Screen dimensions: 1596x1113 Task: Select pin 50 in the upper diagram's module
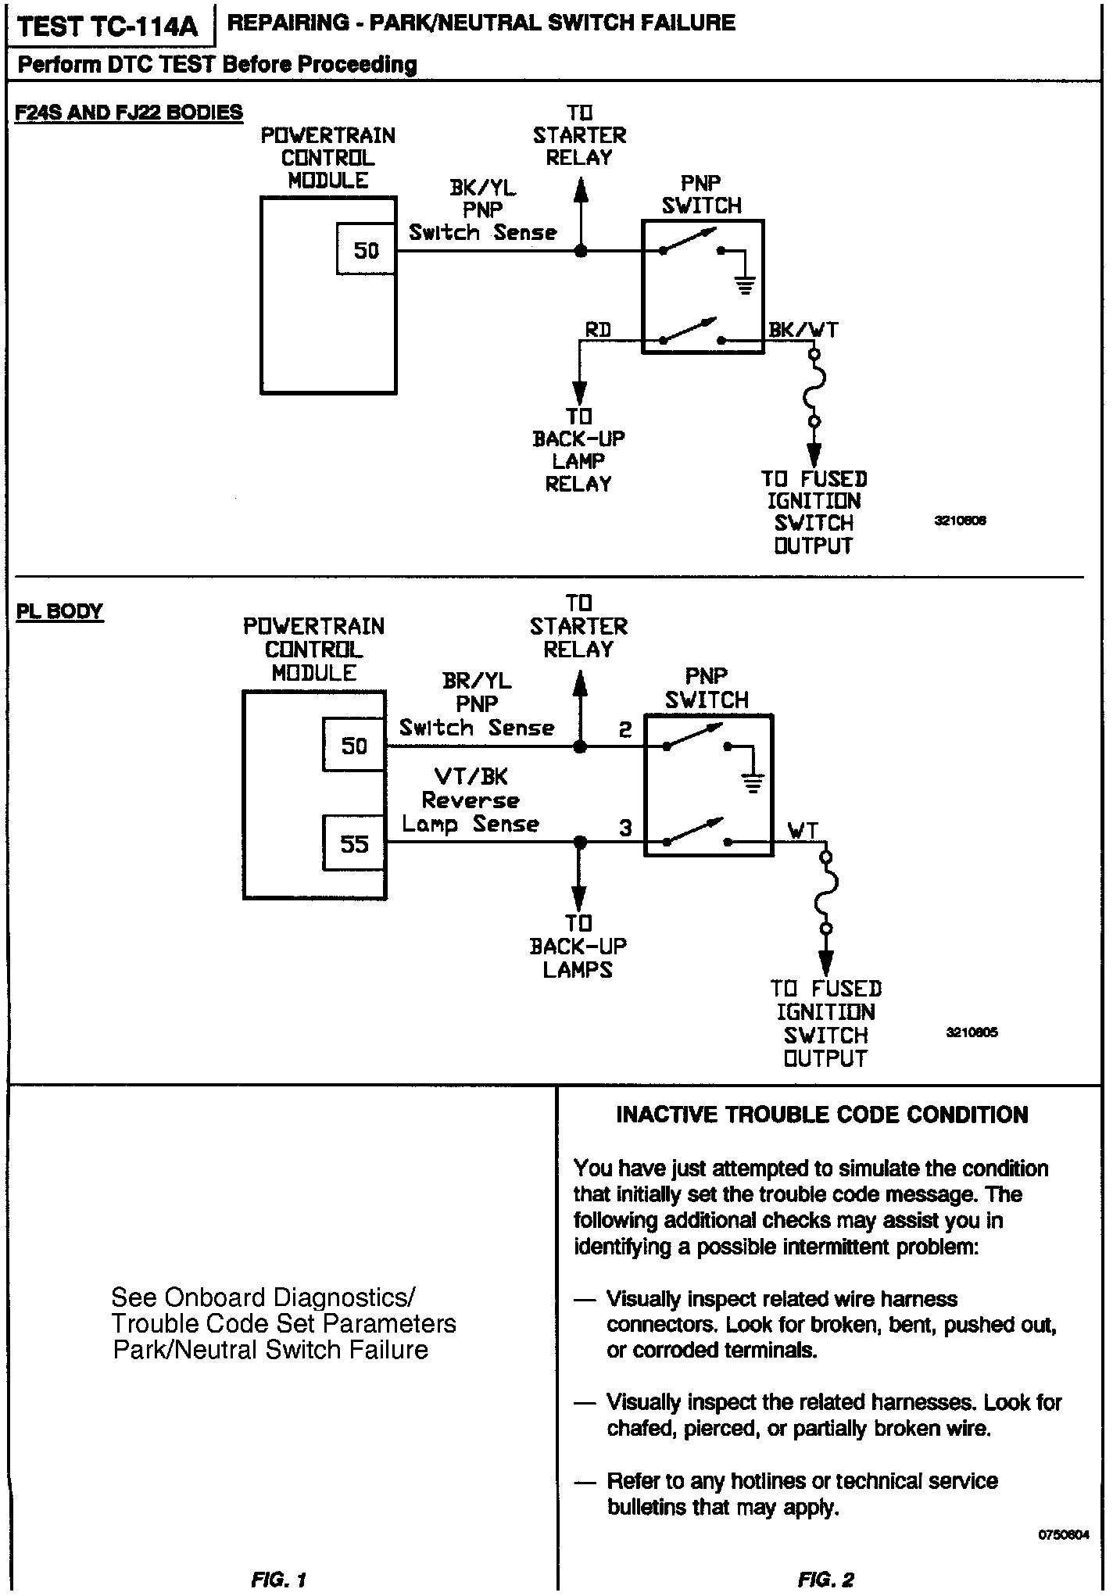[x=367, y=250]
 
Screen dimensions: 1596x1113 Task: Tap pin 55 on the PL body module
[x=354, y=843]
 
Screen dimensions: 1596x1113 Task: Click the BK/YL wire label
[x=482, y=188]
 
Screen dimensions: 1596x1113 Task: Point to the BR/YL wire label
[x=477, y=681]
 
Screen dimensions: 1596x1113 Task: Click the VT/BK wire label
[x=471, y=776]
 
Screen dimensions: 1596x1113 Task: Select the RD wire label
[x=598, y=330]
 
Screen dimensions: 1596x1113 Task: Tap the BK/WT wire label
[x=803, y=330]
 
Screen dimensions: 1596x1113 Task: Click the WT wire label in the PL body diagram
[x=803, y=830]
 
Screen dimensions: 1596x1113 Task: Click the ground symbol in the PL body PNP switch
[x=753, y=782]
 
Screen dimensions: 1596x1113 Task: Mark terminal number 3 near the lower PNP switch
[x=625, y=828]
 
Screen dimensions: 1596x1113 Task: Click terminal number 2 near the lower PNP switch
[x=625, y=731]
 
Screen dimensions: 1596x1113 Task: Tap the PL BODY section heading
[x=59, y=611]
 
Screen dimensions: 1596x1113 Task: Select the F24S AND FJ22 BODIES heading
[x=129, y=113]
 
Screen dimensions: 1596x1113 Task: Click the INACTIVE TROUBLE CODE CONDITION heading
[x=822, y=1115]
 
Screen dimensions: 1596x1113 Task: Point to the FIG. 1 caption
[x=279, y=1580]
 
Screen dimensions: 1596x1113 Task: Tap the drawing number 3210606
[x=960, y=521]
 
